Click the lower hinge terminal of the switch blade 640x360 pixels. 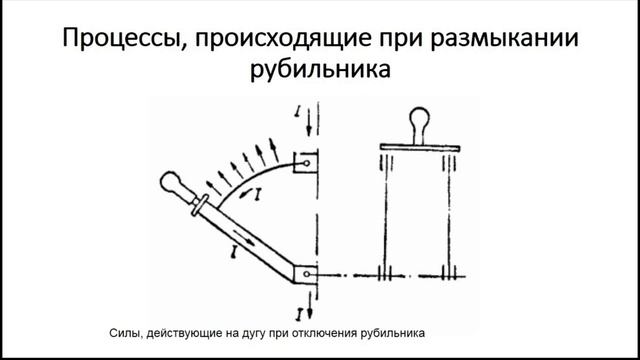[x=309, y=272]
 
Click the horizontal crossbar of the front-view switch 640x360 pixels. [x=418, y=148]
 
